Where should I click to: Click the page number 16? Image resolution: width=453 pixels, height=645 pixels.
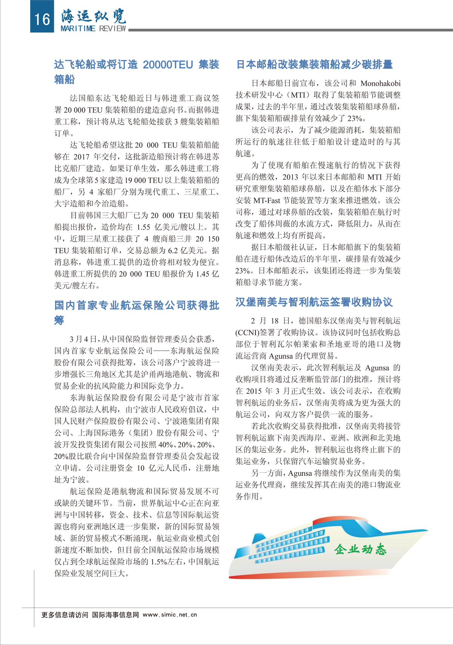(x=42, y=18)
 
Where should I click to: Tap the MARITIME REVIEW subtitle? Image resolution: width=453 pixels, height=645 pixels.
(x=93, y=28)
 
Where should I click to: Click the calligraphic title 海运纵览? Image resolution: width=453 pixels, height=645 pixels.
(x=93, y=16)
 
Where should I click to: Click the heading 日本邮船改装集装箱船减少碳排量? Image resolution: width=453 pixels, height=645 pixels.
(x=314, y=64)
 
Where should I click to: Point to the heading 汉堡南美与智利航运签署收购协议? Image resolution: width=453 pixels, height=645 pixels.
(x=314, y=302)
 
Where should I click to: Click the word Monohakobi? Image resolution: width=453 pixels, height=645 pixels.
(x=380, y=83)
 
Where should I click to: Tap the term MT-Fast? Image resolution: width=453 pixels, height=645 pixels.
(x=267, y=200)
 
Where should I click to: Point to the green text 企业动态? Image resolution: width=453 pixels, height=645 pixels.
(x=360, y=549)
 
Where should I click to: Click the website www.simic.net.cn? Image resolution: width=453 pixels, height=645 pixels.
(x=170, y=615)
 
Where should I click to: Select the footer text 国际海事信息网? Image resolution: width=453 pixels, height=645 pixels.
(x=116, y=615)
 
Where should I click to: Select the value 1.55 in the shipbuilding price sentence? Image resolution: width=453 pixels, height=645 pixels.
(x=143, y=227)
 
